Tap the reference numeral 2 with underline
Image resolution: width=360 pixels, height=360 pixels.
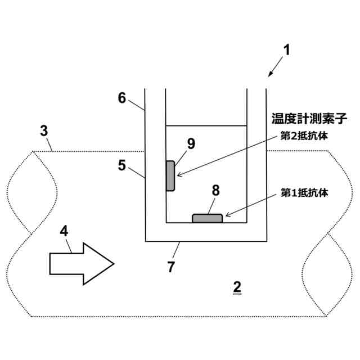click(237, 287)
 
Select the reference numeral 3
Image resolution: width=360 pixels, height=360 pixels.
click(44, 131)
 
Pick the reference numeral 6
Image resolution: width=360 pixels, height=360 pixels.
click(122, 97)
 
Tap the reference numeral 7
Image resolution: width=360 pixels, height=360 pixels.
click(171, 266)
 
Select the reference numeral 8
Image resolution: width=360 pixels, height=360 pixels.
click(215, 190)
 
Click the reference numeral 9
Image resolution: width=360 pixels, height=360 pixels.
click(191, 143)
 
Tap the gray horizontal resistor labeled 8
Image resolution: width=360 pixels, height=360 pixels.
click(207, 218)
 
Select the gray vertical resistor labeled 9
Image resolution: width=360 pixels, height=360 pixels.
click(170, 175)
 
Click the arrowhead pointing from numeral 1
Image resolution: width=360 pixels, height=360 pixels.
click(271, 74)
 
